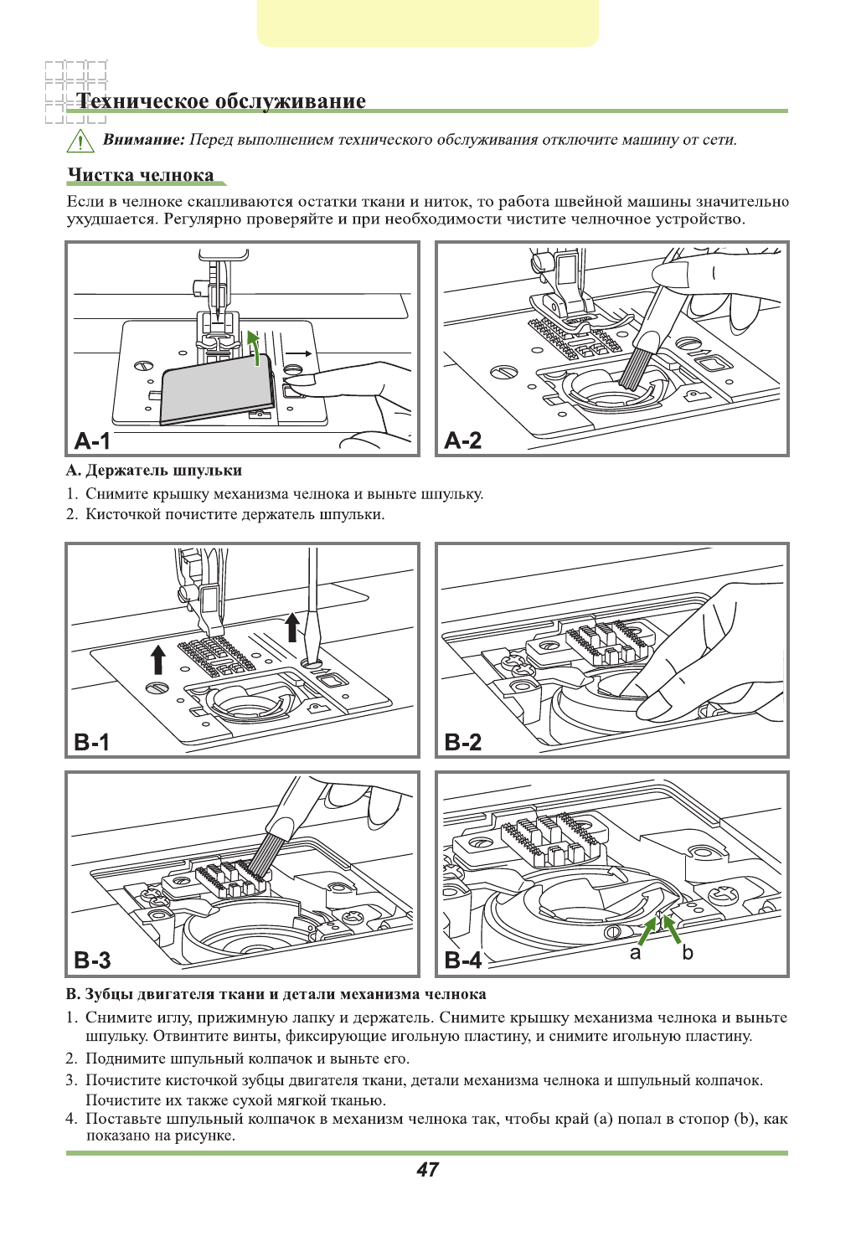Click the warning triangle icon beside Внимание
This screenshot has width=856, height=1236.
pos(80,141)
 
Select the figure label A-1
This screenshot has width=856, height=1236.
pos(92,440)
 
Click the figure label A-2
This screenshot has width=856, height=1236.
pos(463,440)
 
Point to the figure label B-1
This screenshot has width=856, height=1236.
pos(92,742)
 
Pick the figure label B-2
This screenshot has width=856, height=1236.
pos(463,742)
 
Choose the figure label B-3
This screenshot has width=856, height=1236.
pos(92,960)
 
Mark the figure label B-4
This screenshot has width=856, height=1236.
pos(463,960)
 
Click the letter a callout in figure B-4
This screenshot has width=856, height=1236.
pos(636,953)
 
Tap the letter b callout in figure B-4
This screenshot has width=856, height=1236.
pos(688,953)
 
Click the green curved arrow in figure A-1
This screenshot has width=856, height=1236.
pos(254,346)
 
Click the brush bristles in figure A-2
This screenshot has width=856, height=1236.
pos(636,368)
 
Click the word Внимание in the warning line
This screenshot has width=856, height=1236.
pos(143,140)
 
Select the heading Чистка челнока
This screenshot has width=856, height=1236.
pos(141,175)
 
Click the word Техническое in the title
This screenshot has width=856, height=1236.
pos(143,101)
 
